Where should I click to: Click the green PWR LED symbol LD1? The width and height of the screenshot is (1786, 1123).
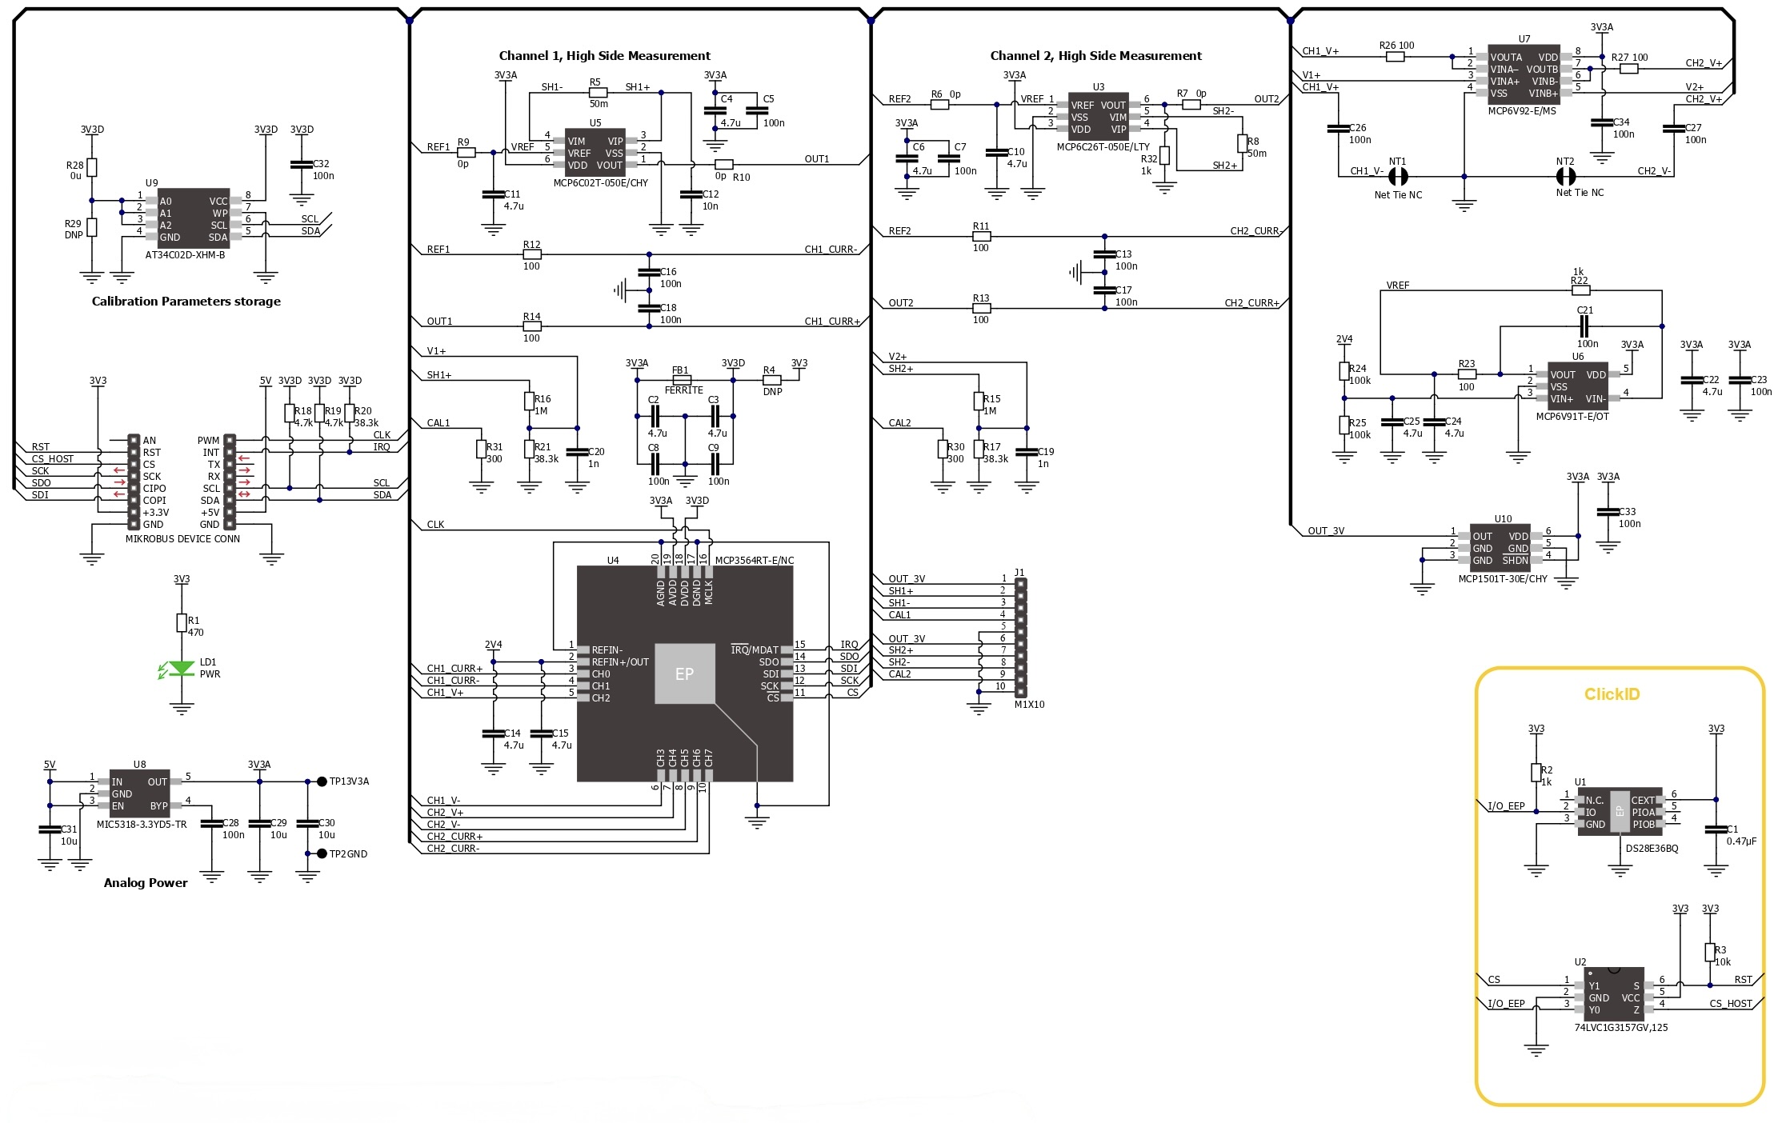point(182,669)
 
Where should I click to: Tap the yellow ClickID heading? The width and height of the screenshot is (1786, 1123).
point(1612,694)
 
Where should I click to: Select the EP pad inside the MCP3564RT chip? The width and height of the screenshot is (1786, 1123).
point(684,674)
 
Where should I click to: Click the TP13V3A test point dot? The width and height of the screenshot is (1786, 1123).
point(322,781)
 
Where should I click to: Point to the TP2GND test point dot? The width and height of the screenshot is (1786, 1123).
point(322,854)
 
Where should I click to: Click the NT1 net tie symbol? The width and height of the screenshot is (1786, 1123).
point(1397,177)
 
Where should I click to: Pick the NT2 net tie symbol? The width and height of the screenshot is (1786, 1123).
point(1565,177)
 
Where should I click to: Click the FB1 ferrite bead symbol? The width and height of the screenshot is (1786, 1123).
point(682,380)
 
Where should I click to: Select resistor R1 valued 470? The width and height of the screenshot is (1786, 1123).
point(182,623)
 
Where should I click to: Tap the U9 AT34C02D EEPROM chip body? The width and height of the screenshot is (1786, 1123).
point(194,218)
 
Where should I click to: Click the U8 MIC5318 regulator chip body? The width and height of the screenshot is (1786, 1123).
point(140,794)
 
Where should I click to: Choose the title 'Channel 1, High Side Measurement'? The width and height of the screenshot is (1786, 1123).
point(604,56)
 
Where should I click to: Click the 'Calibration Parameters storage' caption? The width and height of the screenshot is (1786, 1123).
point(186,302)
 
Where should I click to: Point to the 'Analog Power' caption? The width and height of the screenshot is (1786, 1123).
point(146,883)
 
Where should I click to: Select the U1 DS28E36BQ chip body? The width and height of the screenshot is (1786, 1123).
point(1620,812)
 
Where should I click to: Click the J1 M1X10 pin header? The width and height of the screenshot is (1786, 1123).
point(1020,637)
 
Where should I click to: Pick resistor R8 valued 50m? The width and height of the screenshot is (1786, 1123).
point(1242,143)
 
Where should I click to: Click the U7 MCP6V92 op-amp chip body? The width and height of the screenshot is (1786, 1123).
point(1524,75)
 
